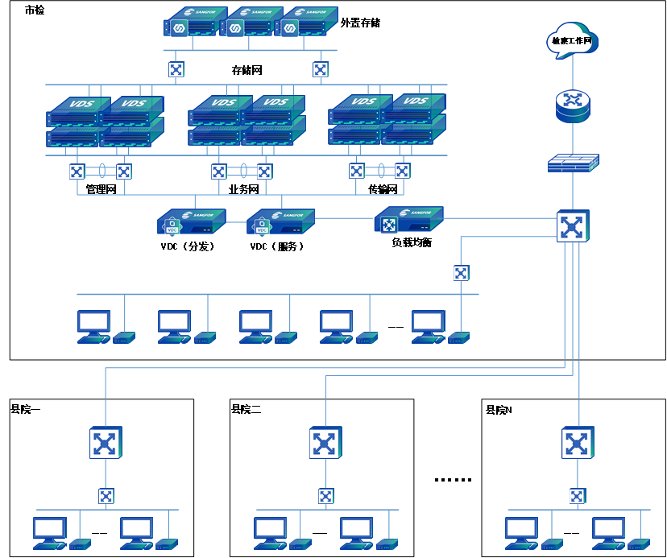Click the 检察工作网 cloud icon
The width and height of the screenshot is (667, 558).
(x=573, y=40)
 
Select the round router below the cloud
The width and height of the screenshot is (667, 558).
(x=573, y=105)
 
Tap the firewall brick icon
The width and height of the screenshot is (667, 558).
(x=573, y=163)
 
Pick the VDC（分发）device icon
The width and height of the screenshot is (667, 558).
(x=190, y=222)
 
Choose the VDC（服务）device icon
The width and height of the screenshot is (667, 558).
(x=280, y=222)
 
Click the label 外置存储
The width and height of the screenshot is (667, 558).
(x=360, y=23)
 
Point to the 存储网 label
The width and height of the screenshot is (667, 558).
(x=246, y=70)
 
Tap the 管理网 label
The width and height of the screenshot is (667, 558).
(x=101, y=190)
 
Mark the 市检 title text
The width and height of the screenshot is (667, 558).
(x=35, y=10)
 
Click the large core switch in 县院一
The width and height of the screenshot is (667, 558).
(x=105, y=443)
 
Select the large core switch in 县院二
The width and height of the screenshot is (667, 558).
(x=325, y=443)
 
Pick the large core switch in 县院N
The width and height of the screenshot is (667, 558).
(x=577, y=443)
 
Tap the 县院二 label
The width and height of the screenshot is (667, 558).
(x=246, y=409)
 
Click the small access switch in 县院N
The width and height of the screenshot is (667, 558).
(x=578, y=495)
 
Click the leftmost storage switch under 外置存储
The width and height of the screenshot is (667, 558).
(x=176, y=69)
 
